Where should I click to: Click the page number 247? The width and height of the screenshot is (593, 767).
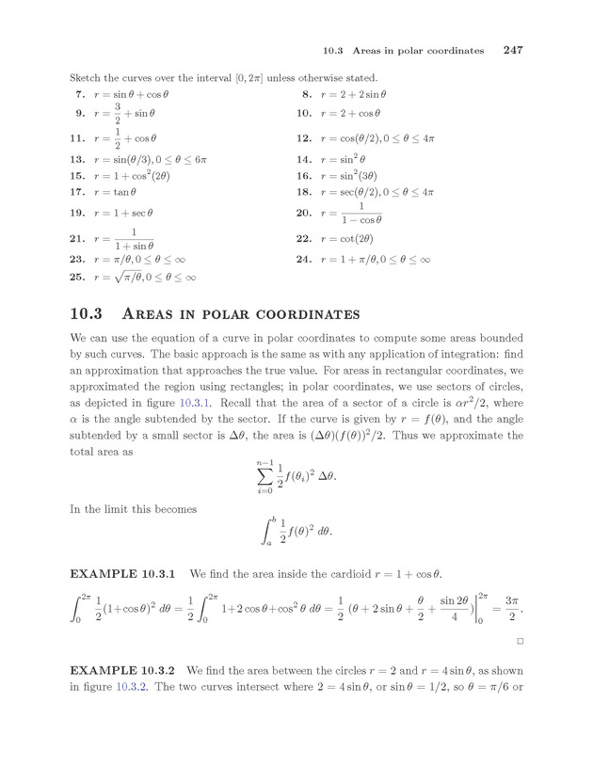click(512, 49)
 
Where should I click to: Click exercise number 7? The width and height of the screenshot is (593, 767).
click(78, 95)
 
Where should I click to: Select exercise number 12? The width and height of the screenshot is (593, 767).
click(303, 139)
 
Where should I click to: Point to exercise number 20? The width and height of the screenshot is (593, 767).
click(303, 214)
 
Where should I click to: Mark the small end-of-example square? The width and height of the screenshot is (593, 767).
click(520, 641)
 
